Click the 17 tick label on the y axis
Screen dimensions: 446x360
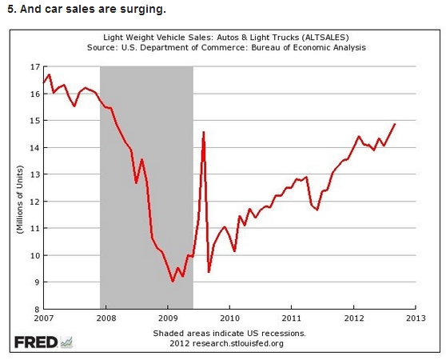click(34, 67)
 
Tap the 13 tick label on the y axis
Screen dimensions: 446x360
click(34, 174)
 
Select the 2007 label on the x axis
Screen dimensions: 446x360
click(43, 318)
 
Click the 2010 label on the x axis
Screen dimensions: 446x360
click(229, 318)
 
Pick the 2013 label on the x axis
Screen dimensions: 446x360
click(416, 318)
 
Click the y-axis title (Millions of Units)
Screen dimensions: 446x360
click(20, 199)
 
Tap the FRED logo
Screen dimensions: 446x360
click(43, 342)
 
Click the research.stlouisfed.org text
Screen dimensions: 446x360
click(238, 343)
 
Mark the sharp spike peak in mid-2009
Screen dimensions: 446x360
click(203, 132)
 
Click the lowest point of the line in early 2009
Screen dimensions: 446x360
click(173, 281)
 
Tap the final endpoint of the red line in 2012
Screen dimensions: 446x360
click(395, 124)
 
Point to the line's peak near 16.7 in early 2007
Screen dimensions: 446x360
click(49, 75)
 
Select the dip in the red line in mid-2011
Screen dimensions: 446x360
click(317, 210)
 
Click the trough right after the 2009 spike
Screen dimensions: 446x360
click(209, 272)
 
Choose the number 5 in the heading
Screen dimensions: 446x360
click(10, 9)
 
